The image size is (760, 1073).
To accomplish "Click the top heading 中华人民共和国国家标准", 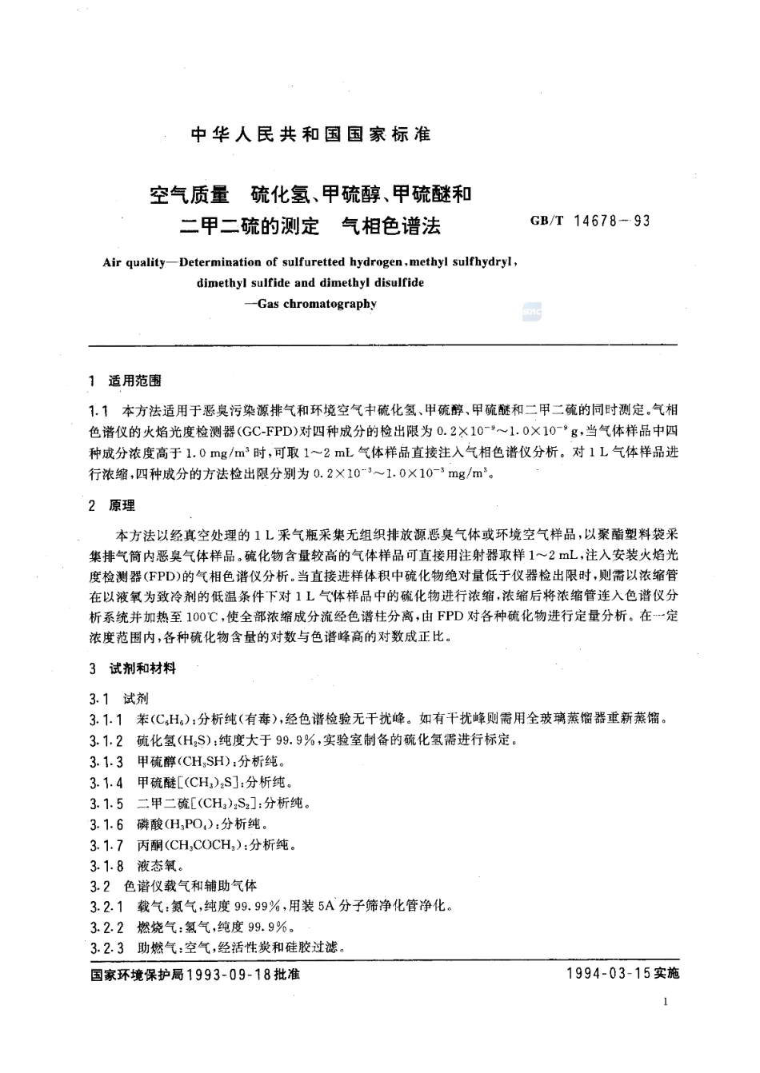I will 311,134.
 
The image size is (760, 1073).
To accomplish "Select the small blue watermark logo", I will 531,312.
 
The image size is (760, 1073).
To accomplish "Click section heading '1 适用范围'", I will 127,381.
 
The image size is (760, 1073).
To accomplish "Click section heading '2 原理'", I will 113,505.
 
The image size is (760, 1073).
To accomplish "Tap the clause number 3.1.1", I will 106,719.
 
